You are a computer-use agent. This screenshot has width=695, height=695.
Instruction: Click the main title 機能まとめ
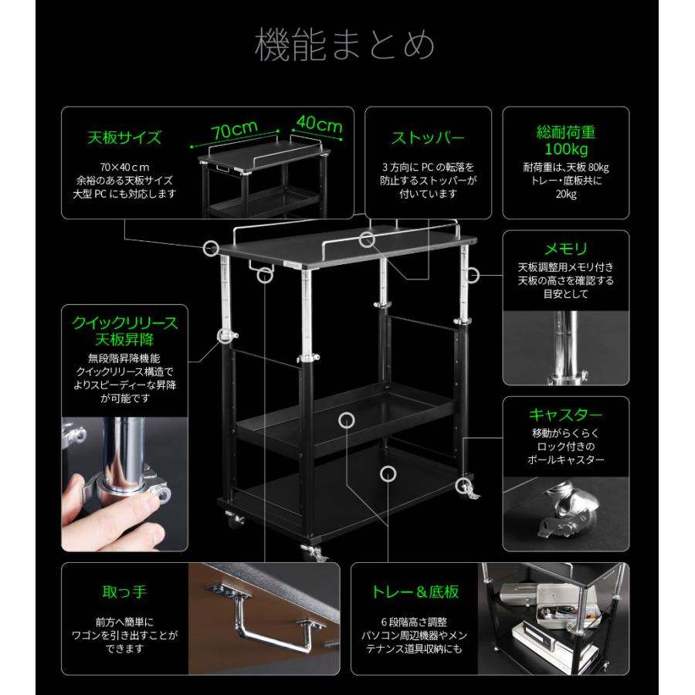coord(344,46)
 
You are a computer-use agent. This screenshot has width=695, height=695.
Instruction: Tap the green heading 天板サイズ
coord(124,138)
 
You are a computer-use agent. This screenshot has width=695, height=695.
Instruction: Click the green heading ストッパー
coord(428,138)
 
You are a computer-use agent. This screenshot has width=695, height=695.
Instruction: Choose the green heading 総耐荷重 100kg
coord(565,140)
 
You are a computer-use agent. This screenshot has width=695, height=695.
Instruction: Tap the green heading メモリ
coord(565,249)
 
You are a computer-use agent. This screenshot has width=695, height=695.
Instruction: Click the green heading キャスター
coord(565,415)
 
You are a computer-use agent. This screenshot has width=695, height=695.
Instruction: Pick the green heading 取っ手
coord(124,592)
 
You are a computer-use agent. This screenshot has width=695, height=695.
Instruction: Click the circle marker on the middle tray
coord(346,419)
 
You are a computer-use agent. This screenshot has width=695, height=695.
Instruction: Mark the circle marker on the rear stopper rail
coord(367,239)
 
